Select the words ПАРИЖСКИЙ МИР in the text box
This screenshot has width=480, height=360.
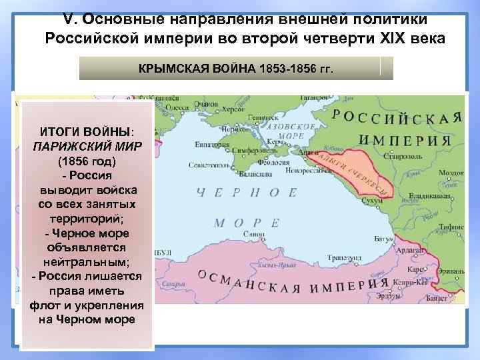(x=87, y=147)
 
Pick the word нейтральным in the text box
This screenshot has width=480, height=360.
(x=87, y=263)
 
